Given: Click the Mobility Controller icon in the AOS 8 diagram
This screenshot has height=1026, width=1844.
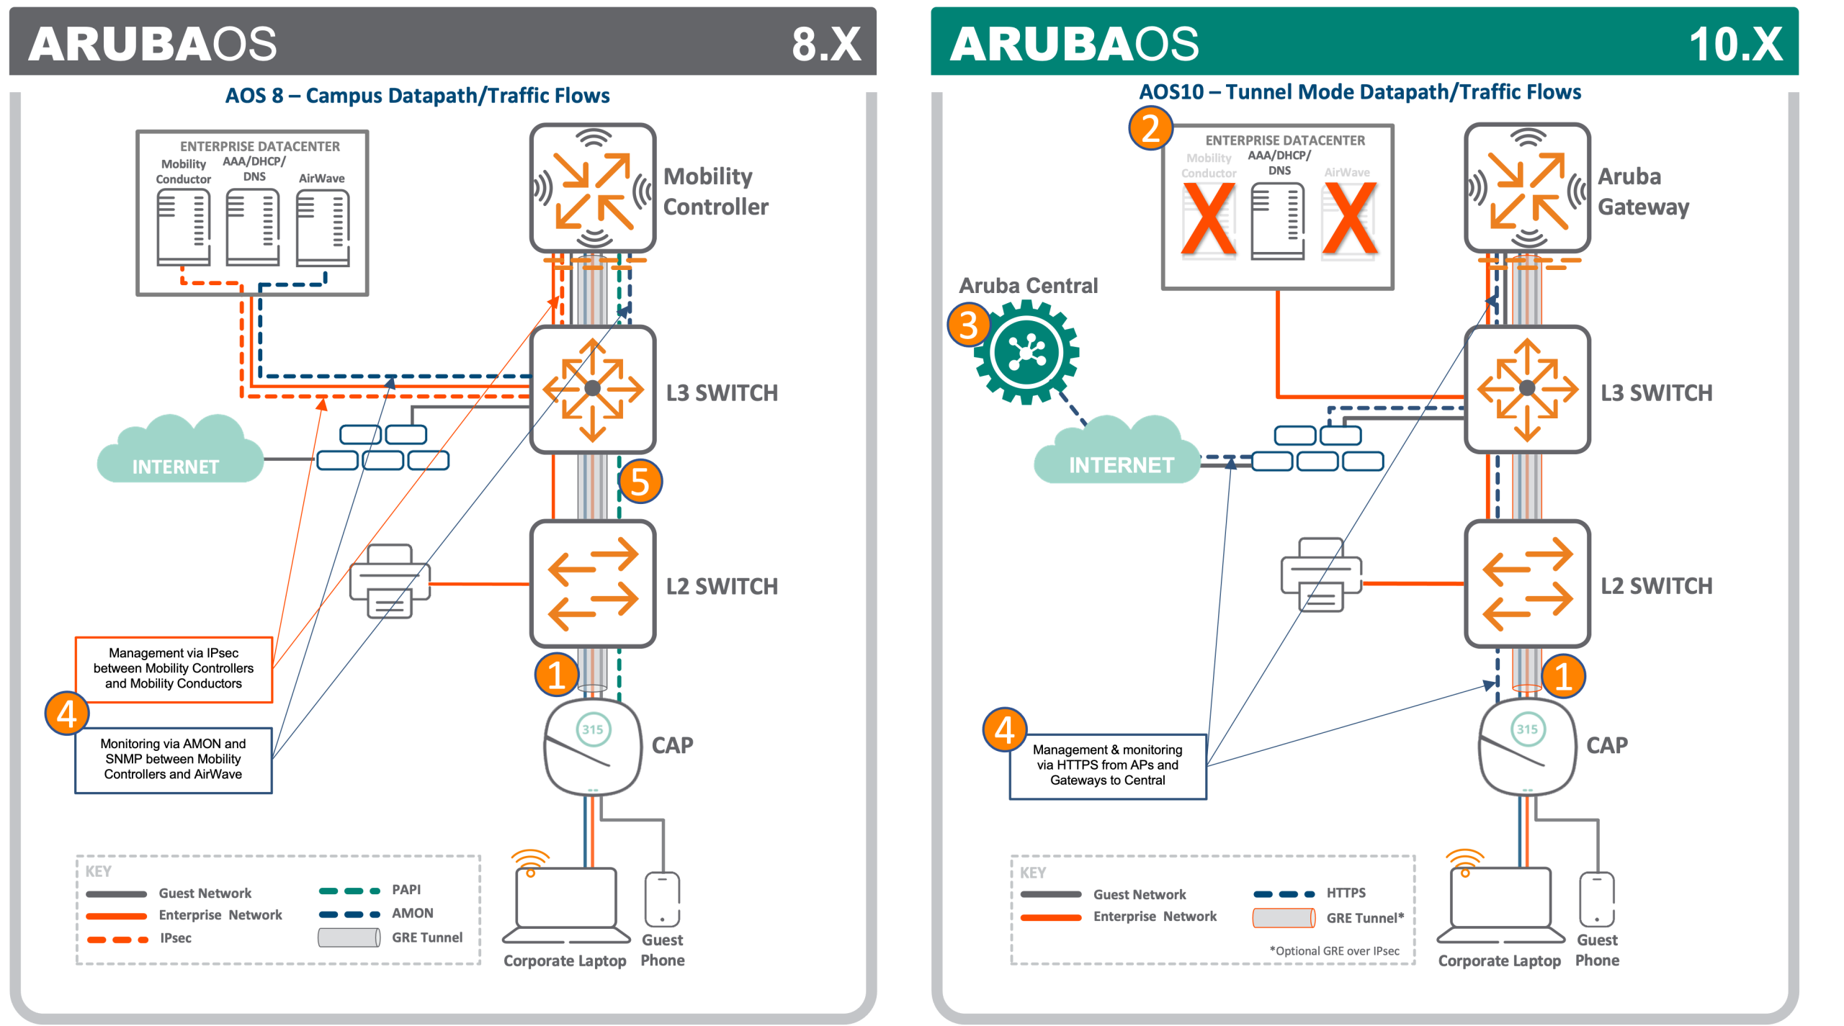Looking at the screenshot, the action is (x=592, y=188).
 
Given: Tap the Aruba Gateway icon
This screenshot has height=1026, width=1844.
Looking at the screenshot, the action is (x=1527, y=188).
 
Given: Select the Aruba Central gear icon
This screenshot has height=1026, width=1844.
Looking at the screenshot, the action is (x=1026, y=352).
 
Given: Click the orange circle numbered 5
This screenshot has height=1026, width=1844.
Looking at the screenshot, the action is (x=640, y=482).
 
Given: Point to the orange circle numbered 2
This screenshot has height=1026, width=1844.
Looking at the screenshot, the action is (x=1150, y=128).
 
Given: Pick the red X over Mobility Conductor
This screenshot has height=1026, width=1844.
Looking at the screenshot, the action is (x=1209, y=219).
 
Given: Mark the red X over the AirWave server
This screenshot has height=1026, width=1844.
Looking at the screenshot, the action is (x=1349, y=219).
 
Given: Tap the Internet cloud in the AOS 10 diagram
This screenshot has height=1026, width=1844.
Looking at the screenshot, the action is (x=1117, y=449).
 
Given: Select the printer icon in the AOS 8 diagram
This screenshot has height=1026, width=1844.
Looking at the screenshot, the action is (x=390, y=581).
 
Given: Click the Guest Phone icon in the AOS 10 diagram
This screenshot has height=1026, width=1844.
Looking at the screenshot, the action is (x=1596, y=899).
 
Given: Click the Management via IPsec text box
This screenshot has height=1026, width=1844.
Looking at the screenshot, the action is (x=174, y=669).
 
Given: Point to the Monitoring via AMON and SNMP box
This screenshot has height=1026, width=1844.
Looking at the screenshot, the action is (x=174, y=760).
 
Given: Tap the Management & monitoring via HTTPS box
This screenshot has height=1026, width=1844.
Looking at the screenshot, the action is (x=1108, y=766).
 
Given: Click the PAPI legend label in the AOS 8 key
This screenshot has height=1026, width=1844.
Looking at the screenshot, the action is (x=406, y=890).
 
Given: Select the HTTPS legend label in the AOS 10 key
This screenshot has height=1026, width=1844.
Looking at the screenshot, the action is (x=1346, y=893).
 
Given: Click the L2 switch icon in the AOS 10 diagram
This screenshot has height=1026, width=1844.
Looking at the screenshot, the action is (x=1527, y=584).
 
